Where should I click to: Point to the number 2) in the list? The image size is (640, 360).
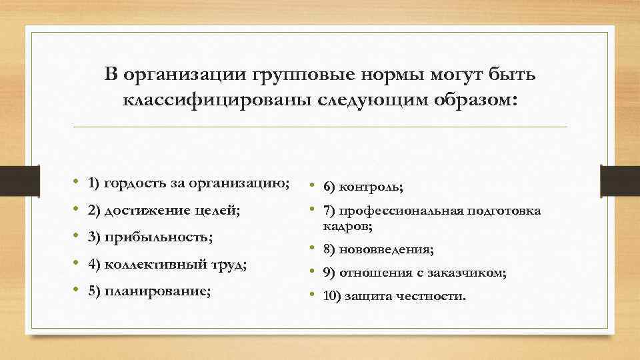(93, 211)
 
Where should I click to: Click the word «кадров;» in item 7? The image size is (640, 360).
(347, 227)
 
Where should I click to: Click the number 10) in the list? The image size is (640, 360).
(331, 295)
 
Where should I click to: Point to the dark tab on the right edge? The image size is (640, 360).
(620, 179)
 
